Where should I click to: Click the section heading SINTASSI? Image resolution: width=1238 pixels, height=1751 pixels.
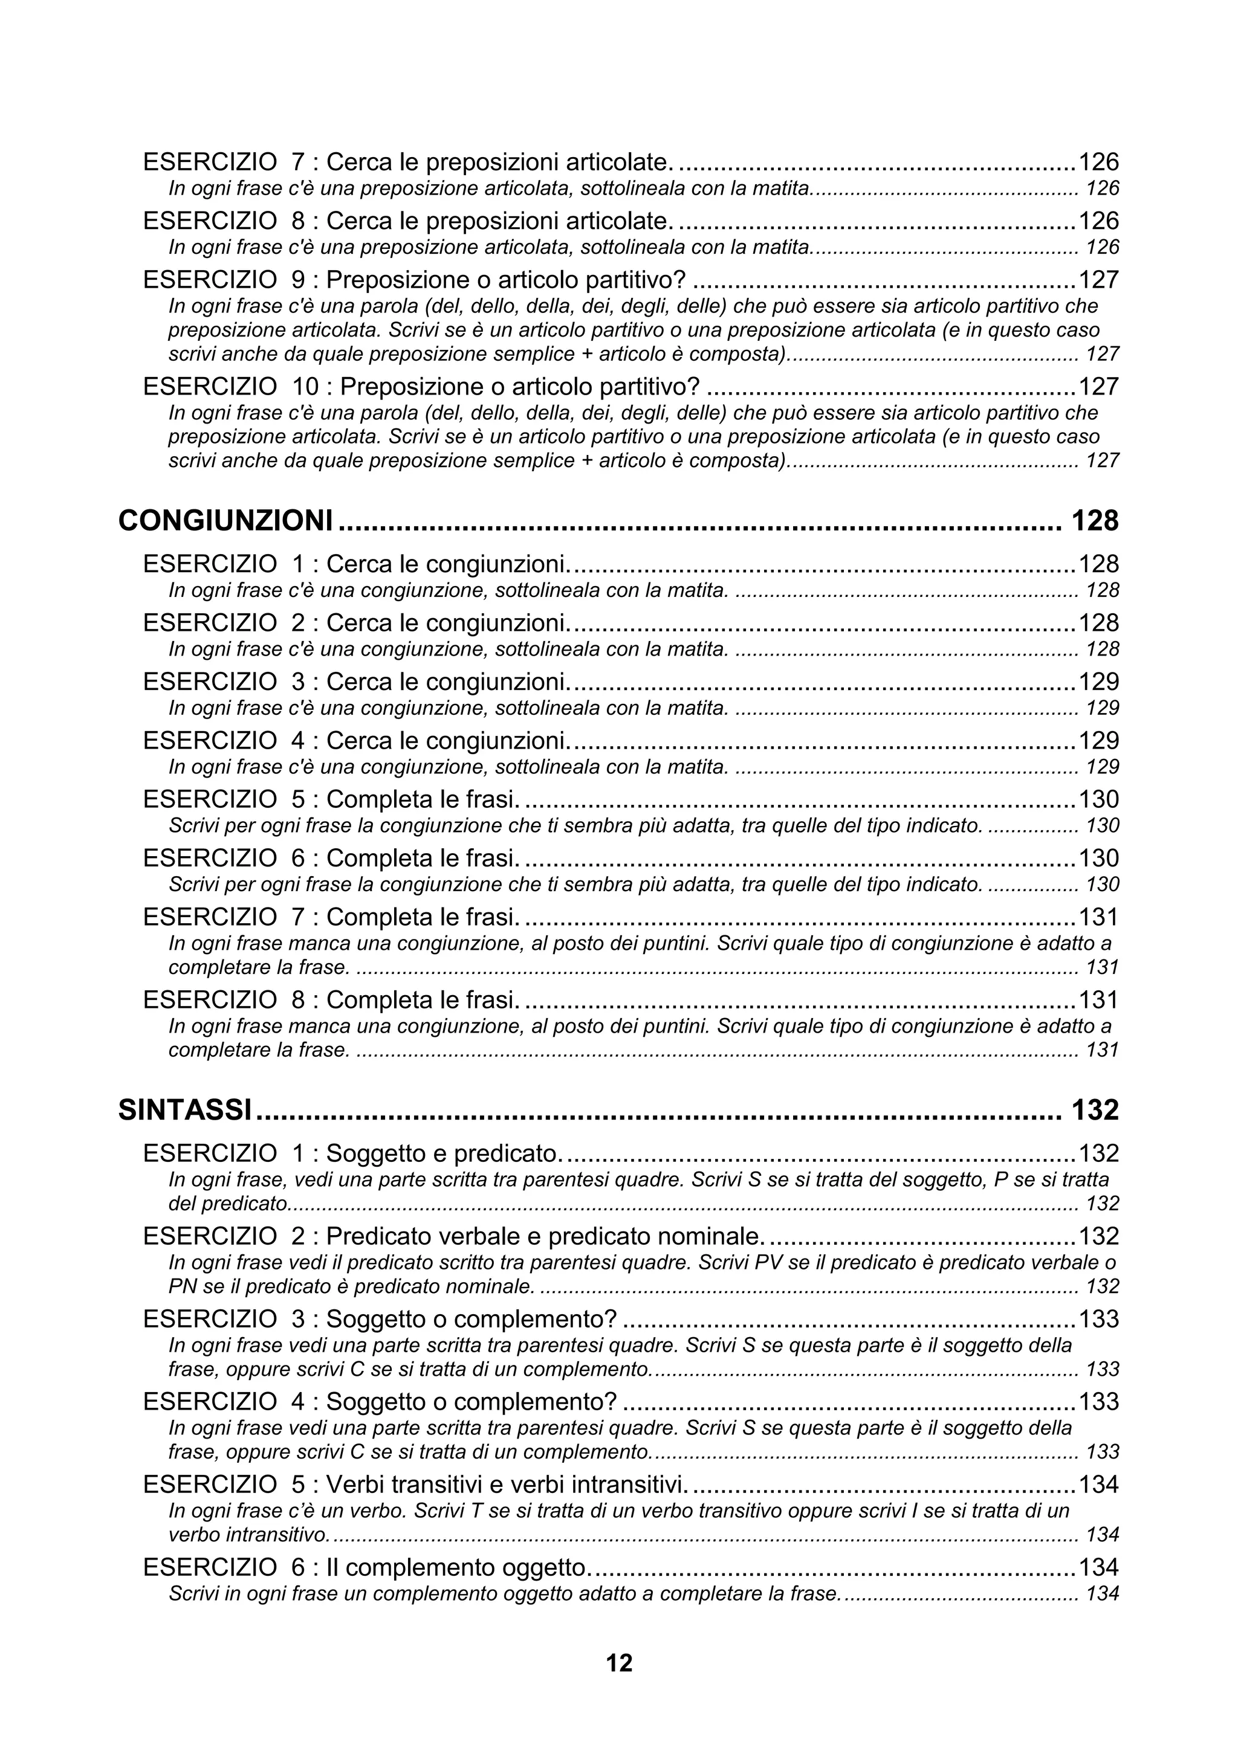[x=184, y=1111]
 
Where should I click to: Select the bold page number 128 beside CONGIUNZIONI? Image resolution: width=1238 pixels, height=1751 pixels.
[x=1095, y=521]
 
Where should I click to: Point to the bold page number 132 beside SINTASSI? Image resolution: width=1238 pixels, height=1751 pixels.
[x=1095, y=1111]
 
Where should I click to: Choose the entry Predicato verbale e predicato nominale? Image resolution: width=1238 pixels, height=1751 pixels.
[x=545, y=1236]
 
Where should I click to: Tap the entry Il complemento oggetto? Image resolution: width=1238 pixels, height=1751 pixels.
[x=458, y=1568]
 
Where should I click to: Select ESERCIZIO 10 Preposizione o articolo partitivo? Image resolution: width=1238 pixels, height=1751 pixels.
[x=421, y=387]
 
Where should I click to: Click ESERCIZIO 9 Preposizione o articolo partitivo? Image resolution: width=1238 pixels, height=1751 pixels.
[x=414, y=280]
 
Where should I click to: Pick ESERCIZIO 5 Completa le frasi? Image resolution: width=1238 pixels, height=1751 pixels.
[x=331, y=799]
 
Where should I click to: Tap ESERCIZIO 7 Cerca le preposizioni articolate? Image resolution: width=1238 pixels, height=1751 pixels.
[x=408, y=162]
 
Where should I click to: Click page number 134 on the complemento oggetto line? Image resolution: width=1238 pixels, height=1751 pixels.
[x=1098, y=1568]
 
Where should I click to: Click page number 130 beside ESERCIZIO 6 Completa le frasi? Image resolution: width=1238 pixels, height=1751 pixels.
[x=1098, y=858]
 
